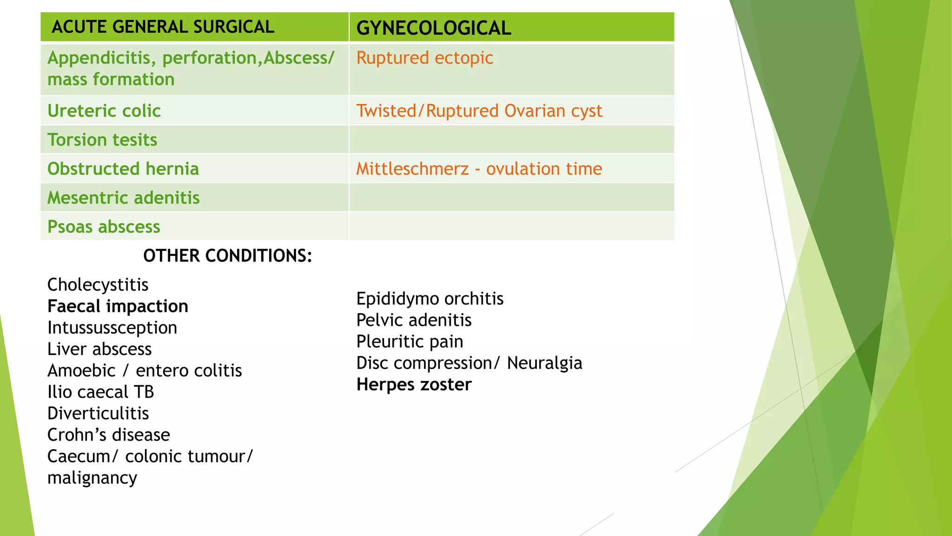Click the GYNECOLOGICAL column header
433,28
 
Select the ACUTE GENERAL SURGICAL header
163,27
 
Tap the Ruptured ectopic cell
424,58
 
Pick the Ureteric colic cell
104,111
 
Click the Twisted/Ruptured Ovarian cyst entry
479,111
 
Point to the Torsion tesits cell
102,140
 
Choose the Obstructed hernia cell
123,168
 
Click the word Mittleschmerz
412,168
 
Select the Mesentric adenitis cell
124,198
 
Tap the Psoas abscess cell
104,227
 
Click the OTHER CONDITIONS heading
227,256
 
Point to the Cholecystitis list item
98,285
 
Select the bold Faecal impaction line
118,306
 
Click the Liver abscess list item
99,349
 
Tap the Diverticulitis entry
98,413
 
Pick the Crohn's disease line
109,435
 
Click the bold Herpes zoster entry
414,384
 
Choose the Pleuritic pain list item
410,342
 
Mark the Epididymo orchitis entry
430,299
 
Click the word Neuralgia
544,363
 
